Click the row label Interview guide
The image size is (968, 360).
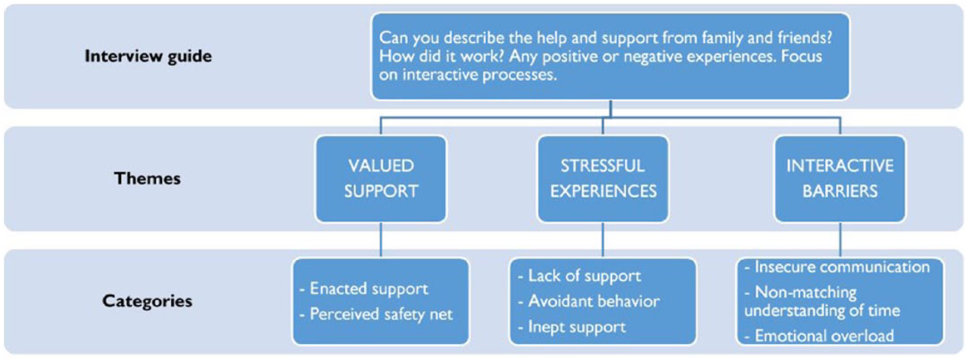pyautogui.click(x=148, y=56)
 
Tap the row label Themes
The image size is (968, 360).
pyautogui.click(x=148, y=178)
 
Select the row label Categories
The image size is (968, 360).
pyautogui.click(x=147, y=301)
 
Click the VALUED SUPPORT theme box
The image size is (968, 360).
pyautogui.click(x=381, y=179)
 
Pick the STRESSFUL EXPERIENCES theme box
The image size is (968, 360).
pyautogui.click(x=603, y=179)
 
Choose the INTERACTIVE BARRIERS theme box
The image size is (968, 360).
pyautogui.click(x=840, y=179)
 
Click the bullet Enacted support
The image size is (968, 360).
pyautogui.click(x=364, y=289)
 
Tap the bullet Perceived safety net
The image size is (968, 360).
pyautogui.click(x=376, y=314)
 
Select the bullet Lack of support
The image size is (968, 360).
pyautogui.click(x=579, y=276)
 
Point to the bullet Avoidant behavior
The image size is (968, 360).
pyautogui.click(x=589, y=301)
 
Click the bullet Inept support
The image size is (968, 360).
pyautogui.click(x=572, y=327)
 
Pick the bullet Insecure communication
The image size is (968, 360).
pyautogui.click(x=837, y=267)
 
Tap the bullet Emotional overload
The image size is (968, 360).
pyautogui.click(x=819, y=335)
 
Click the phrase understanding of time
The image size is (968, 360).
pyautogui.click(x=822, y=310)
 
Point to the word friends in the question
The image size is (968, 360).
pyautogui.click(x=804, y=38)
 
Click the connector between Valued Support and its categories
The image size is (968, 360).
pyautogui.click(x=381, y=239)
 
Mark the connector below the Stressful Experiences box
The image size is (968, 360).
pyautogui.click(x=603, y=239)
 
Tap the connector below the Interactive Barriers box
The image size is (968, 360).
pyautogui.click(x=840, y=239)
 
